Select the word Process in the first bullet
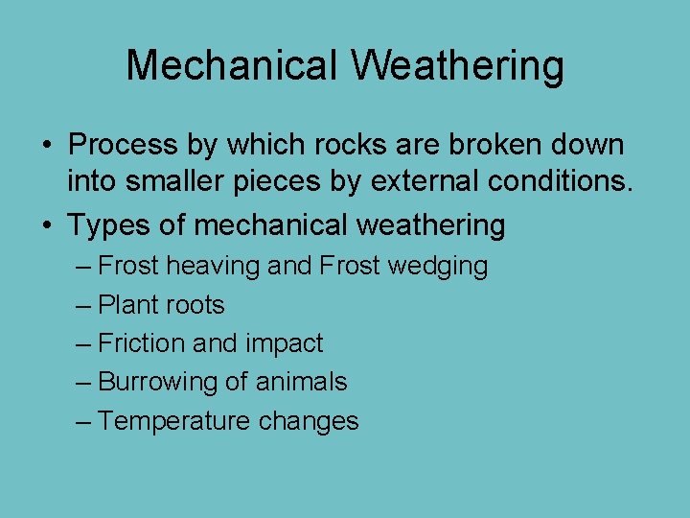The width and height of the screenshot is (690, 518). coord(123,146)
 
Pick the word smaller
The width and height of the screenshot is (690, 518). coord(190,183)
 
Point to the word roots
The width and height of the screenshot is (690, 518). coord(195,306)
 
